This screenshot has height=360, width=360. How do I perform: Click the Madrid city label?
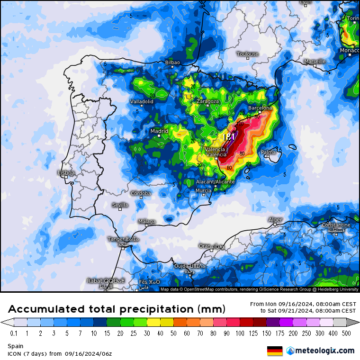pos(159,131)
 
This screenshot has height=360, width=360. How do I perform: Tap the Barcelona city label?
pos(260,108)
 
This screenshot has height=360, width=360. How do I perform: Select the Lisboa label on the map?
pos(66,173)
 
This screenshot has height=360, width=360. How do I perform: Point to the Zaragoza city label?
pos(208,101)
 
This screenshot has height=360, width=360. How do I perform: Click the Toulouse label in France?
pos(247,54)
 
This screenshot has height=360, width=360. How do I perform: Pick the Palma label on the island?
pos(268,153)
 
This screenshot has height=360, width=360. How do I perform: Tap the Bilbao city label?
pos(172,62)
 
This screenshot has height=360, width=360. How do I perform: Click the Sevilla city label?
pos(120,205)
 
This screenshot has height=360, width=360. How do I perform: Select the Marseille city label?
pos(315,61)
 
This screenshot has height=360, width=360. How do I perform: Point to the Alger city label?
pos(275,220)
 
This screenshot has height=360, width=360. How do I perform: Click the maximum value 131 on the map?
pos(229,137)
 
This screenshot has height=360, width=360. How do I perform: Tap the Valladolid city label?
pos(142,101)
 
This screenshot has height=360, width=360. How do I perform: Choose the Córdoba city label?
pos(141,193)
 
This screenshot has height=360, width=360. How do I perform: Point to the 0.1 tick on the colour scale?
pos(13,333)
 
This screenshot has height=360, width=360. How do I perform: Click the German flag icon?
pos(275,351)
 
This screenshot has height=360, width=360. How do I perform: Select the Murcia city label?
pos(203,191)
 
